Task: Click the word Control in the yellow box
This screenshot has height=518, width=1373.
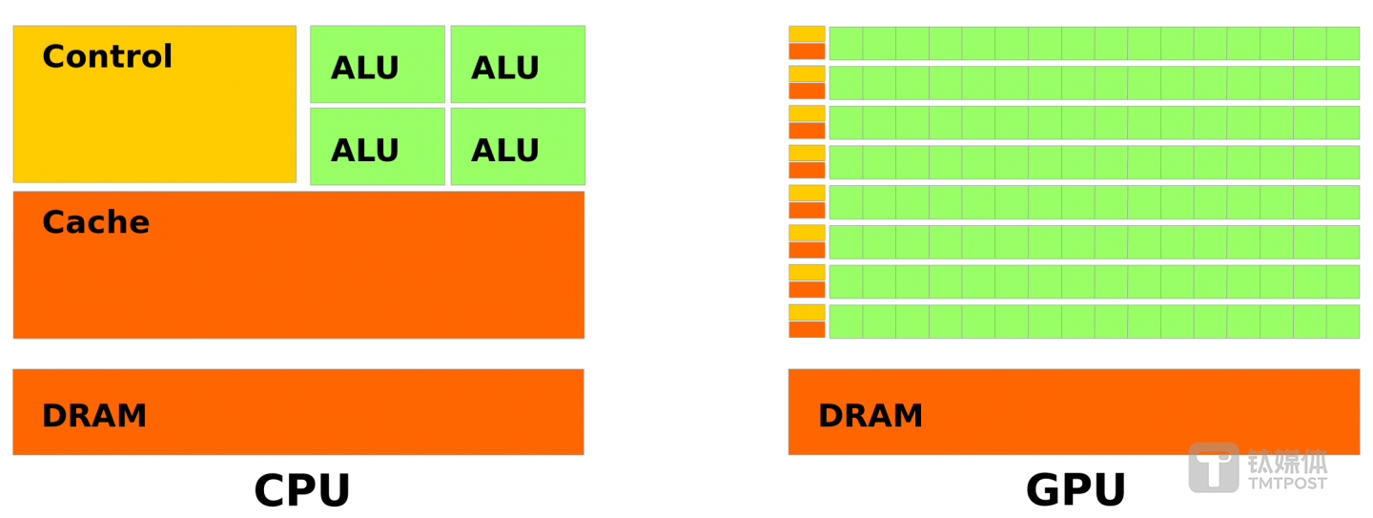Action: point(107,57)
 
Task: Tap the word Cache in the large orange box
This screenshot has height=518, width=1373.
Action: point(95,222)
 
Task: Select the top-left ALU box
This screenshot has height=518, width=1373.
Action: point(377,65)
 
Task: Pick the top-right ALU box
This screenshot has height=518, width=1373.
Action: point(518,65)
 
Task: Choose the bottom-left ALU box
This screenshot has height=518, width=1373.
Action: point(377,147)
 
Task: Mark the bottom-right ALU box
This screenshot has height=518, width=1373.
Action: point(518,147)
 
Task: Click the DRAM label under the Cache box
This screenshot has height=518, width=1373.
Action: point(94,416)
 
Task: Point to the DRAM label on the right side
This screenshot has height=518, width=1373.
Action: point(871,416)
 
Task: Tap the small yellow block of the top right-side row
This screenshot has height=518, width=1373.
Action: point(807,33)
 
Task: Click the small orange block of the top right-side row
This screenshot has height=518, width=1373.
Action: point(807,51)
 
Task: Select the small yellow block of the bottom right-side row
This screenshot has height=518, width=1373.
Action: point(807,312)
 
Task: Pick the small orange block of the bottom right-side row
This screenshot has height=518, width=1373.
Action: point(807,329)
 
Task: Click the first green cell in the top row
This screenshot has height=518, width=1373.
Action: point(846,43)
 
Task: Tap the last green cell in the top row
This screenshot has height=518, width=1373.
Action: point(1342,43)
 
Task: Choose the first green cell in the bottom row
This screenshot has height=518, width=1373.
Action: point(846,321)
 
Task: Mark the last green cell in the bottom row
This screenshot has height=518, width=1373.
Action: point(1342,321)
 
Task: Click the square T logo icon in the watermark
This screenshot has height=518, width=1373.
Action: point(1213,468)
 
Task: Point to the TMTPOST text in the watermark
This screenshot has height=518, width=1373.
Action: point(1287,484)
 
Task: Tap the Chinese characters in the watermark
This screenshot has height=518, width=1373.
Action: point(1287,462)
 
